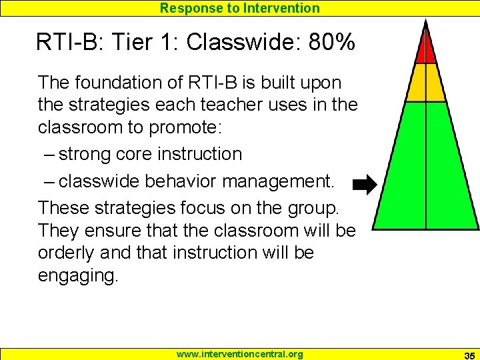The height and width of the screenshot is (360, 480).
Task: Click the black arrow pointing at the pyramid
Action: pyautogui.click(x=364, y=185)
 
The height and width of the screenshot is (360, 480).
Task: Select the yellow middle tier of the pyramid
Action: pyautogui.click(x=425, y=83)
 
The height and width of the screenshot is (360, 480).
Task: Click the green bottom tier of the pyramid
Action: pyautogui.click(x=425, y=173)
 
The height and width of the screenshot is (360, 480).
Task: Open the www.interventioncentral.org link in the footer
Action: pyautogui.click(x=239, y=354)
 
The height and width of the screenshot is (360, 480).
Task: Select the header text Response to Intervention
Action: pyautogui.click(x=239, y=8)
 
